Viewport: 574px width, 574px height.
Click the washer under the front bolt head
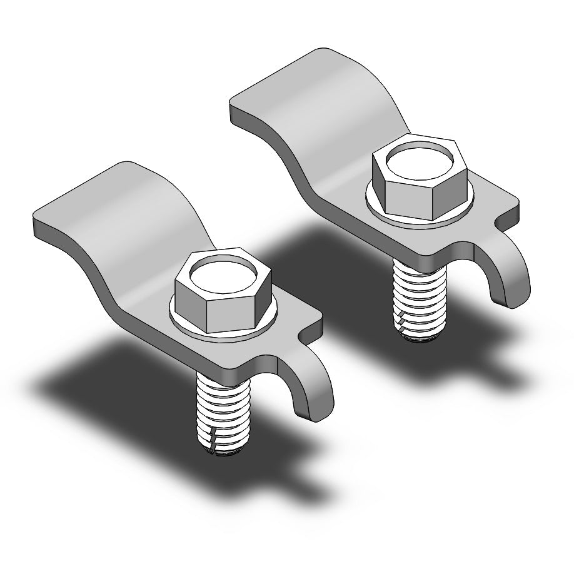(188, 325)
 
